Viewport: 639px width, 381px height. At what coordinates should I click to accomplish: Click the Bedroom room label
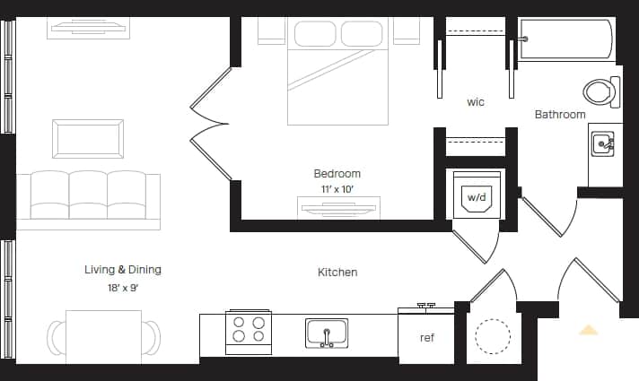337,173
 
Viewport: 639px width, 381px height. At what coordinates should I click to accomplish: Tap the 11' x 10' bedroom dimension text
337,189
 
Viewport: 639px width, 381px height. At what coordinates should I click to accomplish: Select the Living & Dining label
123,269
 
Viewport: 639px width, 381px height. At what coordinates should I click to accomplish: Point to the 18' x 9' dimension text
122,288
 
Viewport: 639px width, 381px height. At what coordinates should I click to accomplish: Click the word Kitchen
337,272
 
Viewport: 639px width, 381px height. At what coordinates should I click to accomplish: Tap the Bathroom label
560,114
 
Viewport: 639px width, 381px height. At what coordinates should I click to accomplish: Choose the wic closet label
476,102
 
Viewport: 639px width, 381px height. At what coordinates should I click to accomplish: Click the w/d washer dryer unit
473,195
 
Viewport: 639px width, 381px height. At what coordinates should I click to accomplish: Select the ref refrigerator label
427,338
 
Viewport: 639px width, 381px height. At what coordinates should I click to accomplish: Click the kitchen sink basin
327,333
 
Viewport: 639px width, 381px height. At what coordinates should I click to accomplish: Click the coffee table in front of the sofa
88,139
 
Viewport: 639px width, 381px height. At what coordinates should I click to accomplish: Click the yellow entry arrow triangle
588,330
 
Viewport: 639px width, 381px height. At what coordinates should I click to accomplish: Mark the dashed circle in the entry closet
492,337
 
